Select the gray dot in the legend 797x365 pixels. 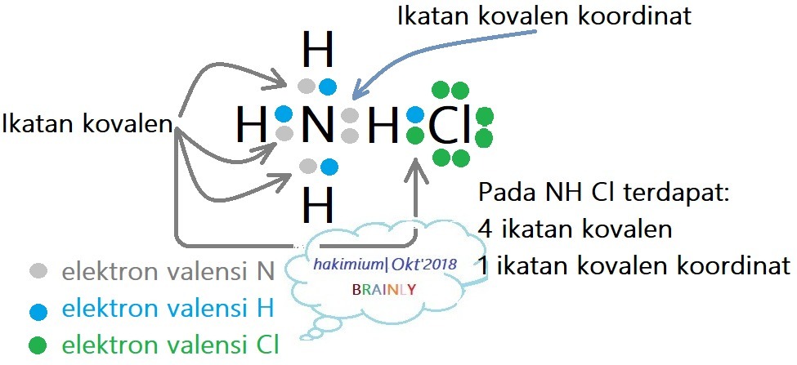coord(37,270)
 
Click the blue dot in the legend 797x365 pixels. coord(37,309)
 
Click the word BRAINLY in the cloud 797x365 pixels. coord(383,290)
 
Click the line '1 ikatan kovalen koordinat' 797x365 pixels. coord(634,265)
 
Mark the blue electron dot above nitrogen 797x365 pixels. coord(328,86)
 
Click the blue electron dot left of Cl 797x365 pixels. coord(415,114)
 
